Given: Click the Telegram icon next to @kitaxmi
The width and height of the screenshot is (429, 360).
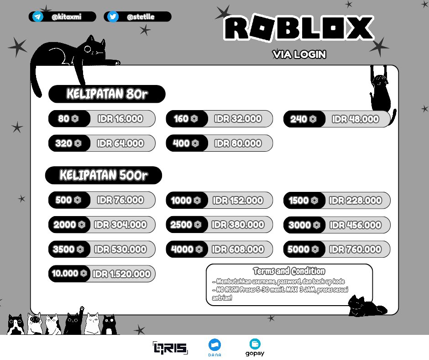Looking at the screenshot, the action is tap(38, 17).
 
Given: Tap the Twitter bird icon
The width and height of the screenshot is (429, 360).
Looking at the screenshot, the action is tap(113, 17).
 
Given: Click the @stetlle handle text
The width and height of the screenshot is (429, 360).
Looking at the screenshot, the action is tap(141, 17).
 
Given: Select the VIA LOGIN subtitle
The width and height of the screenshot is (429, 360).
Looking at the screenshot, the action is tap(299, 54).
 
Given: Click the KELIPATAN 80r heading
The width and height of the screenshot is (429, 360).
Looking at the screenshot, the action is tap(107, 94).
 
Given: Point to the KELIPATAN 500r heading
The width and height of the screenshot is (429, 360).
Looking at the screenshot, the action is tap(104, 175).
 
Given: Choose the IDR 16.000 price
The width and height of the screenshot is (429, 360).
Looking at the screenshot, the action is tap(120, 119).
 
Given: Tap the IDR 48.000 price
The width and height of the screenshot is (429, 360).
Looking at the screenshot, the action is tap(356, 119).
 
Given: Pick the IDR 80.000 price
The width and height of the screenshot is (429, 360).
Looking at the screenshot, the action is tap(238, 143).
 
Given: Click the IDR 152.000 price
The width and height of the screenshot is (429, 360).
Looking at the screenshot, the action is tap(238, 200).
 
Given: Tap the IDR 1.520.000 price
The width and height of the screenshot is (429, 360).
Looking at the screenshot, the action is tap(122, 274).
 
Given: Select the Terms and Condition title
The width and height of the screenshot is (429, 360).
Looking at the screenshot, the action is tap(289, 271).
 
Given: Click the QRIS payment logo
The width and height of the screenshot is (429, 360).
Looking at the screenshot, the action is tap(170, 348).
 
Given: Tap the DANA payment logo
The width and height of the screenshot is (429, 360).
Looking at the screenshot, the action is tap(215, 348).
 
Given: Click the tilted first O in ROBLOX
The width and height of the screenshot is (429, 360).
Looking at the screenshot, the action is tap(262, 28).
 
